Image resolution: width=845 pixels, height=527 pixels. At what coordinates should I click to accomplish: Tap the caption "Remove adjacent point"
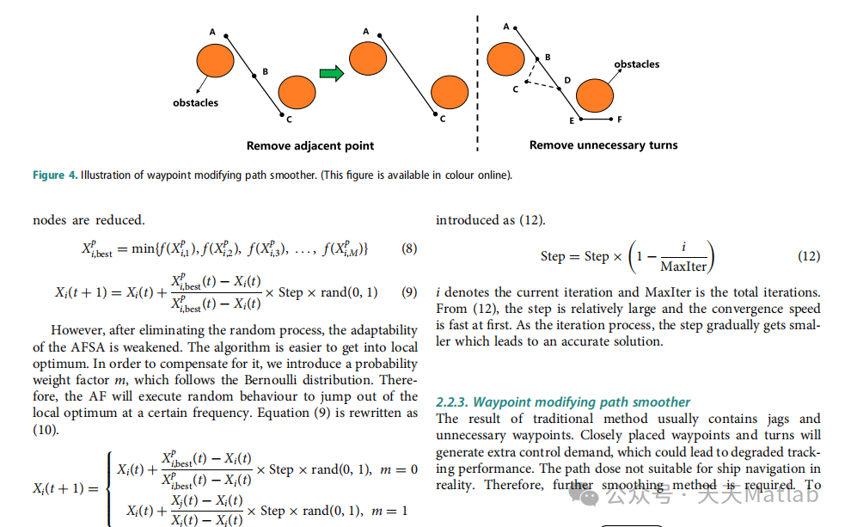pos(310,145)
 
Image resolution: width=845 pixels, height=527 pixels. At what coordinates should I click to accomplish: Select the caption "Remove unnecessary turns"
pos(603,145)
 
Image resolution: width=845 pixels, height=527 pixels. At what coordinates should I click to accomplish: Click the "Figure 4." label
pos(54,175)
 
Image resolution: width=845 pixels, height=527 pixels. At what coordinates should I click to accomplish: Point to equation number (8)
pos(409,249)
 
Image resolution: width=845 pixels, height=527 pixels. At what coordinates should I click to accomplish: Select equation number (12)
pos(809,256)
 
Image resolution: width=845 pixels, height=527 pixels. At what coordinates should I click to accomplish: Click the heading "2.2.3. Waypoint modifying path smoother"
pos(563,401)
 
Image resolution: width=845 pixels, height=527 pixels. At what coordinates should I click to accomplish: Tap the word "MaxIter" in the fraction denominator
pos(683,267)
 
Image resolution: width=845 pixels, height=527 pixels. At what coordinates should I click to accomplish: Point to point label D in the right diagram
pos(567,80)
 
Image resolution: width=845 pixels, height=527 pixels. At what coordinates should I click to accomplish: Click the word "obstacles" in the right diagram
pos(637,64)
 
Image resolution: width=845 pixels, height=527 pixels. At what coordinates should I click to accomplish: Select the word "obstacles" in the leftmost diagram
pos(196,103)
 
